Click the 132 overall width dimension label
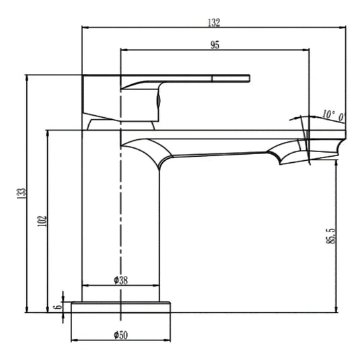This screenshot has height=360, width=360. click(x=214, y=22)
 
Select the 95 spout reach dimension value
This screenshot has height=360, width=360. click(x=215, y=45)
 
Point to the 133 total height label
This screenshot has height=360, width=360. click(x=22, y=194)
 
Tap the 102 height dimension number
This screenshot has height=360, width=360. click(x=42, y=221)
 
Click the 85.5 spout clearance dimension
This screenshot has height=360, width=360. click(x=331, y=236)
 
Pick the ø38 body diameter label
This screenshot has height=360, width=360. click(x=120, y=281)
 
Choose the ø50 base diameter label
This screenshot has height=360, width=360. click(x=120, y=335)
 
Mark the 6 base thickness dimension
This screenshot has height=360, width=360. click(x=58, y=307)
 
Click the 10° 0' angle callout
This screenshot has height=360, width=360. click(x=333, y=116)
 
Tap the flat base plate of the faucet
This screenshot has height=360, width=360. click(x=120, y=308)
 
